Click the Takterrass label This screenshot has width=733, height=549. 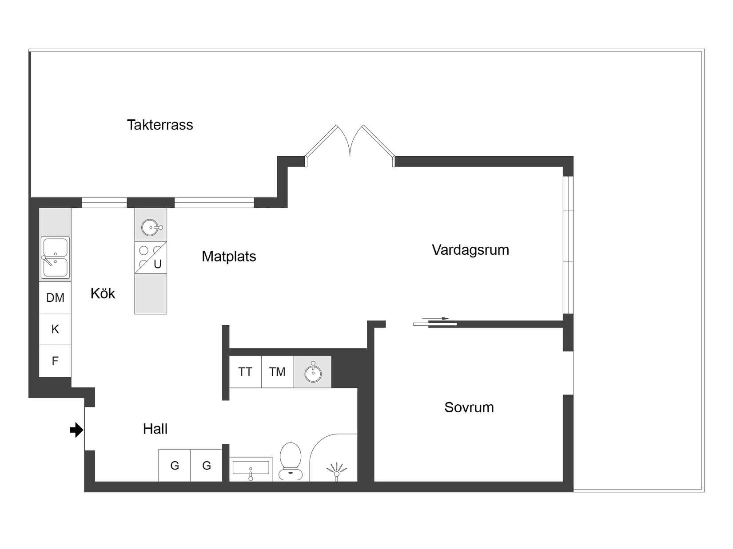coord(160,125)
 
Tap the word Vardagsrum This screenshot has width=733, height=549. coord(470,250)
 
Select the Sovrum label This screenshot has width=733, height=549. coord(469,407)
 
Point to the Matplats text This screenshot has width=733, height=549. coord(229,257)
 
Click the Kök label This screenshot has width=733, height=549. coord(103,293)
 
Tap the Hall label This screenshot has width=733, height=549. coord(155,429)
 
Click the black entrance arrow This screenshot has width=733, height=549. coord(76,430)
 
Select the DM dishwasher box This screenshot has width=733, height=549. coord(55,298)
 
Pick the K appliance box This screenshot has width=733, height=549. coord(55,329)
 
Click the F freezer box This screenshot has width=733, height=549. coord(55,361)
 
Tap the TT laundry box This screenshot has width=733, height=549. coord(245,372)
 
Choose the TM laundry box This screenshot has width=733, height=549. coord(277,372)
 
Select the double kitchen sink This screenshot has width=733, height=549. coord(55,258)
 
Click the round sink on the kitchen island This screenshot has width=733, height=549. coord(151,228)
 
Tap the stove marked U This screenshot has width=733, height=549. coord(151,257)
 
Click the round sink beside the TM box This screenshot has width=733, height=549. coord(313,372)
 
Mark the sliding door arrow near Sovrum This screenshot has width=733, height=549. coord(435,319)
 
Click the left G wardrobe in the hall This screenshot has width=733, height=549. coord(175,466)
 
